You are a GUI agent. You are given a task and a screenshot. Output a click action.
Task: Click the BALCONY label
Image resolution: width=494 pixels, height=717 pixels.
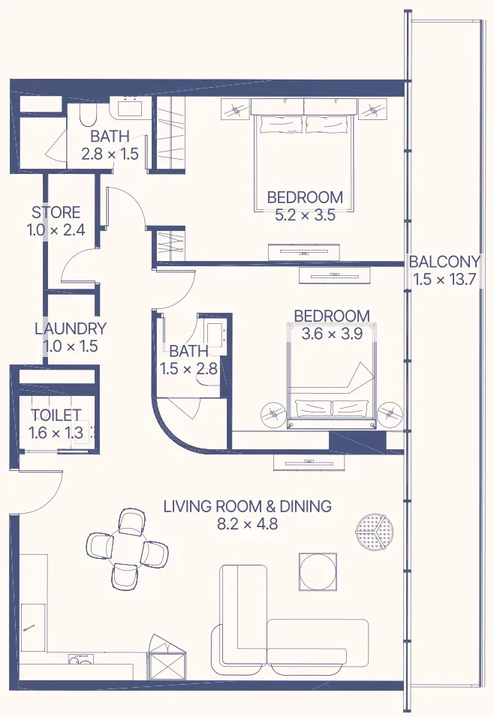[x=444, y=261]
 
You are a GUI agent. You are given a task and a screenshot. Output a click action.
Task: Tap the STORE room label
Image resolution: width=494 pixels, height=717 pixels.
[x=56, y=212]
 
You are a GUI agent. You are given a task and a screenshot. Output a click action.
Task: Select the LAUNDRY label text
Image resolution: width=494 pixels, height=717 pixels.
[x=71, y=328]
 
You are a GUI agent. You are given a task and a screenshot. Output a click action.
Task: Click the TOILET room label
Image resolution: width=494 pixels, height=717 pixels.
[x=56, y=415]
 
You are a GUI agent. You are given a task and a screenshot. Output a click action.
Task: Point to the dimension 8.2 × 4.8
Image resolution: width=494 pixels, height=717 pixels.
[x=247, y=523]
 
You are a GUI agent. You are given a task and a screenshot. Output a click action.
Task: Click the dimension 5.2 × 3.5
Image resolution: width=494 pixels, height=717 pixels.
[x=305, y=215]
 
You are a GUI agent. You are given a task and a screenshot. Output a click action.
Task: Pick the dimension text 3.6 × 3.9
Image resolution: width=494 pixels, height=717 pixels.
[x=332, y=333]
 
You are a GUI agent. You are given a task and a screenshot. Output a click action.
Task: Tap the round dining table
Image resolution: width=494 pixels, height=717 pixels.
[x=127, y=548]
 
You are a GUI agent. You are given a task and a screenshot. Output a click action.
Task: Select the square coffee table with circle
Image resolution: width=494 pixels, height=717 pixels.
[x=318, y=571]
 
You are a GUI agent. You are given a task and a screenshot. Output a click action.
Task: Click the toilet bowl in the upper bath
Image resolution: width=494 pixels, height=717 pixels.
[x=87, y=114]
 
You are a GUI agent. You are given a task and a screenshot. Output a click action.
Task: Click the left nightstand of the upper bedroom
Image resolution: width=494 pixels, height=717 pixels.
[x=235, y=109]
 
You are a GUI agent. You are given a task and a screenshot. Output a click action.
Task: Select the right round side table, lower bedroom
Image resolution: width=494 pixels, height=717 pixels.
[x=390, y=414]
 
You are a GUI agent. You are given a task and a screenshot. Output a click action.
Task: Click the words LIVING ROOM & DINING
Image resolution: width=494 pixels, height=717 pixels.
[x=247, y=506]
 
